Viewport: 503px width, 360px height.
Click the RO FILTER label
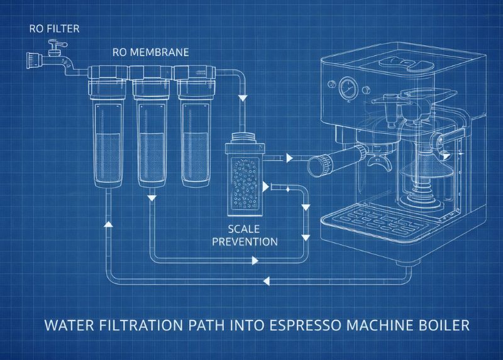click(54, 28)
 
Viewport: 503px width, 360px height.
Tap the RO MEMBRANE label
click(150, 52)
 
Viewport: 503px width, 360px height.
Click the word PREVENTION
click(245, 241)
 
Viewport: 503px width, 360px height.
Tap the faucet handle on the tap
click(57, 44)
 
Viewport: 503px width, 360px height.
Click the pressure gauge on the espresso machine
click(348, 87)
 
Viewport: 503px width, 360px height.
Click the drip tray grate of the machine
click(376, 221)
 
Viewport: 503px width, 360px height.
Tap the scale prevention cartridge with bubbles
click(245, 180)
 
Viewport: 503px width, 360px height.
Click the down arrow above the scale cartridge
click(243, 97)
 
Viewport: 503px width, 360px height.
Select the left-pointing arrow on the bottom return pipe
click(266, 281)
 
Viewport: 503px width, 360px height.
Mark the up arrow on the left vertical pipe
click(108, 224)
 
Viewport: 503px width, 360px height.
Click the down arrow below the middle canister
click(152, 197)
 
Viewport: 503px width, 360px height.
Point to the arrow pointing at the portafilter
click(290, 158)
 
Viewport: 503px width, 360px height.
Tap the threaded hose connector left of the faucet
click(33, 60)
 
